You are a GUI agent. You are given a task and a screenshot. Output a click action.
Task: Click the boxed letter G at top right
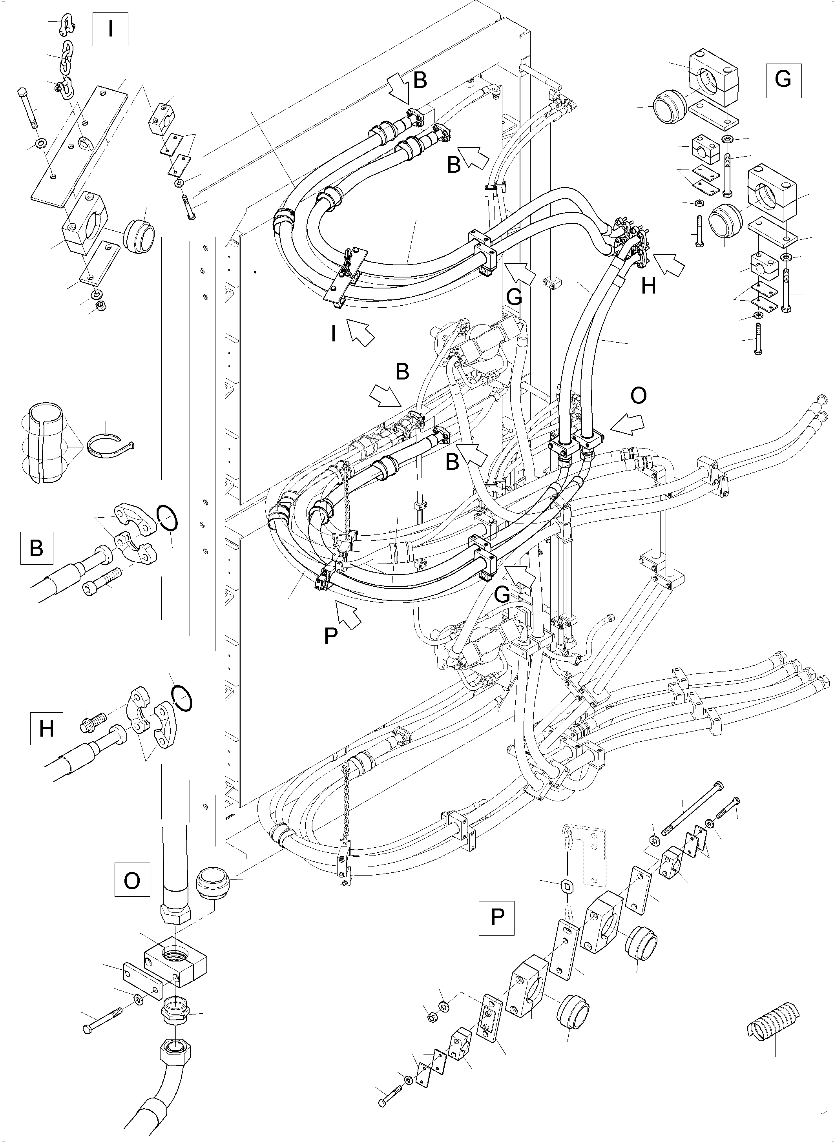(783, 80)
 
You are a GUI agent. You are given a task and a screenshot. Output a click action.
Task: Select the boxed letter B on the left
(37, 548)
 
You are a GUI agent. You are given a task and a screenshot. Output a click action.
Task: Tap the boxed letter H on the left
(46, 728)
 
